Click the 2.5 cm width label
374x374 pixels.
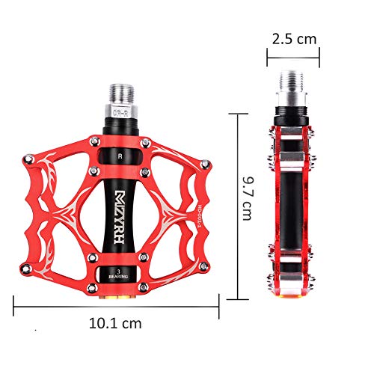tap(294, 37)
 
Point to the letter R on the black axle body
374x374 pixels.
tap(120, 157)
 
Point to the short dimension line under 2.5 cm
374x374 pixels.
tap(294, 53)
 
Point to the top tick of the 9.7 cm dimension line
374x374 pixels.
tap(238, 113)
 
